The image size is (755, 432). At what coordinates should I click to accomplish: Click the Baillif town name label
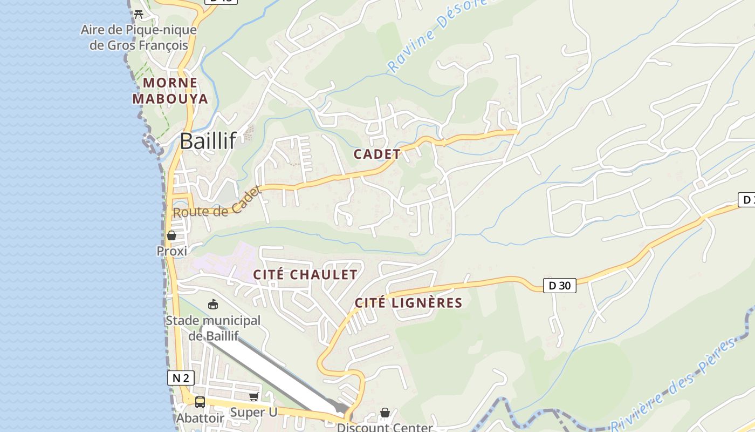(208, 141)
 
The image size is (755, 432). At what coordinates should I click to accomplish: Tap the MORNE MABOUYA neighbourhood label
(170, 91)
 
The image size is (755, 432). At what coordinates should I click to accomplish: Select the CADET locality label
(377, 154)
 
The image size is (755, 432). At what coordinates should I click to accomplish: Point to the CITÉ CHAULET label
(305, 274)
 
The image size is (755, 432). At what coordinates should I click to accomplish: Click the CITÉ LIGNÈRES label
(409, 303)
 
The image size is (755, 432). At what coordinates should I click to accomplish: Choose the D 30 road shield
(559, 285)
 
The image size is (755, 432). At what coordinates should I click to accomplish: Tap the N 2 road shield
(181, 378)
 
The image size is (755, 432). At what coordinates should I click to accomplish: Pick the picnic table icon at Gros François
(139, 14)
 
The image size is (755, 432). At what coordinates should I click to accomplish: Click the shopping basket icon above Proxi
(171, 235)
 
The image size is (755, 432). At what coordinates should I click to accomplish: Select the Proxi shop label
(172, 251)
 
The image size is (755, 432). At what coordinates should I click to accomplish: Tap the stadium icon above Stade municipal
(213, 305)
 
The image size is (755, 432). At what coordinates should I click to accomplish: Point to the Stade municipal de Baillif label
(213, 328)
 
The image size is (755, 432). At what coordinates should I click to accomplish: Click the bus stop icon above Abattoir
(200, 402)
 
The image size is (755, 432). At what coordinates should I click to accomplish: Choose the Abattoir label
(200, 418)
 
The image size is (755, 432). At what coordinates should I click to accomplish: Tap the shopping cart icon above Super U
(253, 397)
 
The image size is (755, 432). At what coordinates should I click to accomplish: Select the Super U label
(253, 413)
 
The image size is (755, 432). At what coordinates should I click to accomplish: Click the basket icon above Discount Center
(385, 413)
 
